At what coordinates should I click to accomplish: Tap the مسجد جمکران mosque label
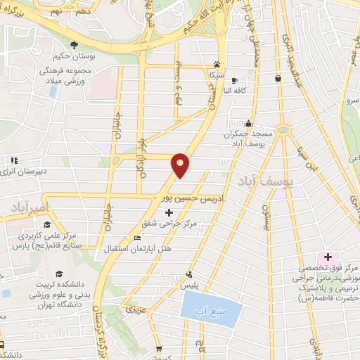point(241,115)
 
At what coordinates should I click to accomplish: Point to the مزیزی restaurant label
point(131,308)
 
